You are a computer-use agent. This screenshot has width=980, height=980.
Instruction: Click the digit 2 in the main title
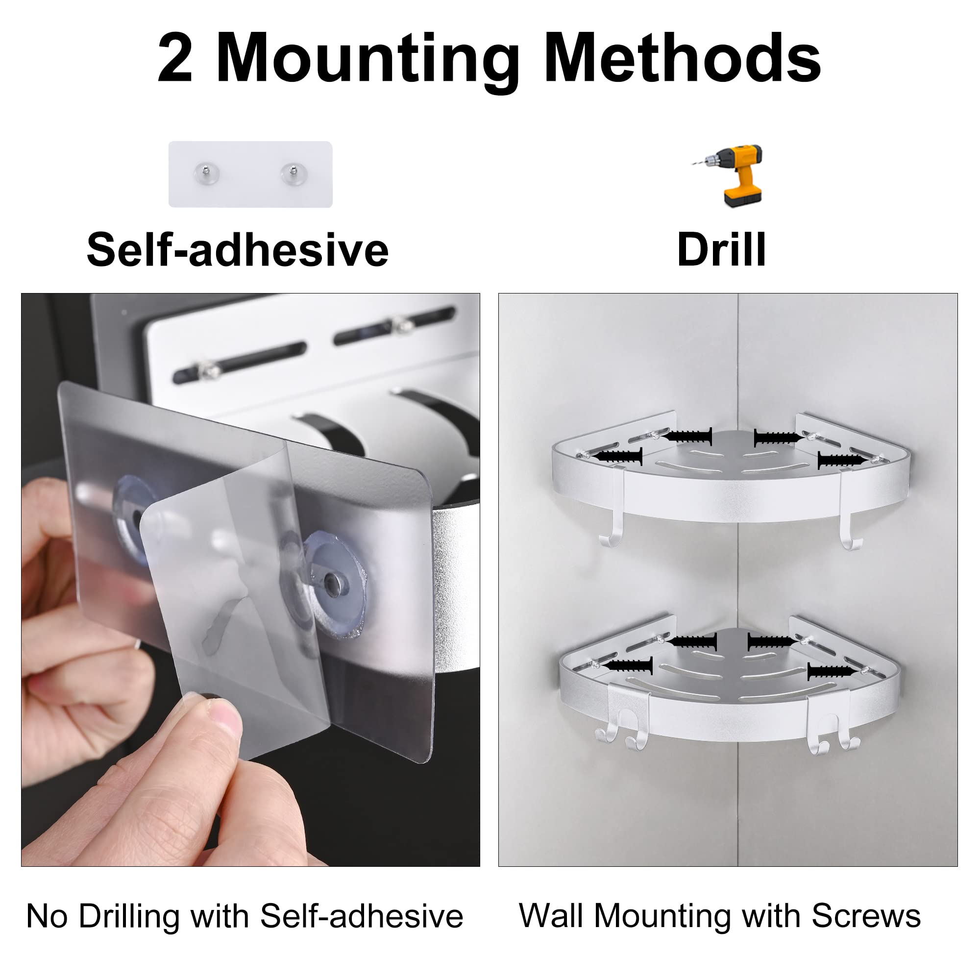click(175, 58)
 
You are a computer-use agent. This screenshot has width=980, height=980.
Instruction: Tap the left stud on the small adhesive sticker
click(207, 172)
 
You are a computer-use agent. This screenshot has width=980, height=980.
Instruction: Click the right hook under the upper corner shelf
click(850, 535)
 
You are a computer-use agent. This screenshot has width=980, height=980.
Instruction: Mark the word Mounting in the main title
click(368, 58)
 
